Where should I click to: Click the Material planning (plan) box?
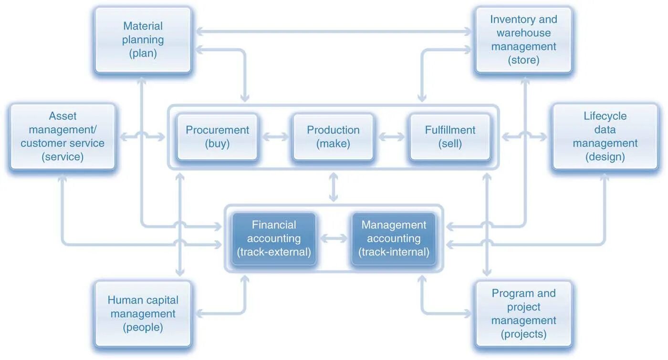tap(143, 40)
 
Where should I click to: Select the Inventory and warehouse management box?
tap(523, 40)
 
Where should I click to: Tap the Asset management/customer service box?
tap(63, 136)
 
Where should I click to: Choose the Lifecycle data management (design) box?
tap(605, 136)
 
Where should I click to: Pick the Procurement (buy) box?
tap(217, 137)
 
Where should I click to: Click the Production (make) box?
tap(333, 137)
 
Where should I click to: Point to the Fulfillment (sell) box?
tap(450, 137)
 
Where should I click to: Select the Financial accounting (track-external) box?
tap(274, 238)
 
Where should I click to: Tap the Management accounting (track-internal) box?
tap(394, 238)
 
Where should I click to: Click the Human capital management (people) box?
tap(143, 314)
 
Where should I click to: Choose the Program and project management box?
tap(523, 314)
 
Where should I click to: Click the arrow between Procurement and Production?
tap(275, 137)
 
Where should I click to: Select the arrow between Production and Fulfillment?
tap(392, 137)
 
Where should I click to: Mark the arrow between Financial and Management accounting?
tap(334, 238)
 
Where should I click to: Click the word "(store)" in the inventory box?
tap(523, 61)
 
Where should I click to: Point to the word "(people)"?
tap(143, 328)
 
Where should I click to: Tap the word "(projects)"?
tap(523, 334)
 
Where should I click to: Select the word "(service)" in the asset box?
tap(63, 156)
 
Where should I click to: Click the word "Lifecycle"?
tap(605, 116)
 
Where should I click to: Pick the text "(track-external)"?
tap(274, 252)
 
